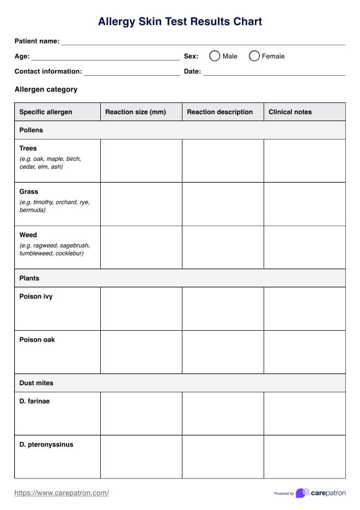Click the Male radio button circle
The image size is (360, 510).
click(x=215, y=56)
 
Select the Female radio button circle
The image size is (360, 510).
click(x=254, y=56)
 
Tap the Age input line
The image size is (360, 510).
click(x=106, y=57)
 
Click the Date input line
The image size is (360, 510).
click(x=274, y=72)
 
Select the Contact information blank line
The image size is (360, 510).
click(x=132, y=72)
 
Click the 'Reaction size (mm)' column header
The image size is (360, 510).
click(x=136, y=112)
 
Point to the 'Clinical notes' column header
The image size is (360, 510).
click(x=290, y=112)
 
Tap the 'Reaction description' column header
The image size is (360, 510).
click(x=219, y=112)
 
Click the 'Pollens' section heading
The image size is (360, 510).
click(x=31, y=130)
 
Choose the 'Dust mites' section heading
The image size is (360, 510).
click(x=36, y=383)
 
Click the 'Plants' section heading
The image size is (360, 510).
click(x=29, y=278)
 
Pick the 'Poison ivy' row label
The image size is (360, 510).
click(x=36, y=297)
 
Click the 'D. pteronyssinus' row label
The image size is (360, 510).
click(x=46, y=445)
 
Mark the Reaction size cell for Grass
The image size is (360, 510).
click(x=141, y=204)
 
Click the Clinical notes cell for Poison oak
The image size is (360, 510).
click(x=304, y=352)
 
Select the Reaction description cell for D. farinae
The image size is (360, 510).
click(x=223, y=414)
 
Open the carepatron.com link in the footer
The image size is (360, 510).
click(x=62, y=493)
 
